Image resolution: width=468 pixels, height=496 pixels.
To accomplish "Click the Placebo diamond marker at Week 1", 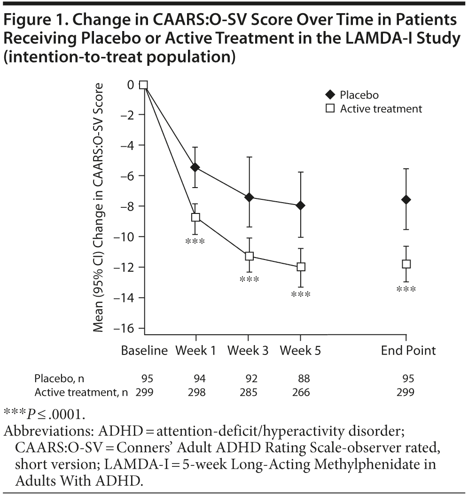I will (x=195, y=167).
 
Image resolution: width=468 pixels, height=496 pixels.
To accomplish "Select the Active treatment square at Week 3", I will (x=249, y=256).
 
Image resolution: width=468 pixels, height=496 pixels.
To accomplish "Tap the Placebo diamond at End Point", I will (x=406, y=199).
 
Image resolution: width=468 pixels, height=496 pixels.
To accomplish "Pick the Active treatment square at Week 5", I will (x=301, y=267).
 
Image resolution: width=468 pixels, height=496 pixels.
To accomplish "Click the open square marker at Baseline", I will (x=144, y=85).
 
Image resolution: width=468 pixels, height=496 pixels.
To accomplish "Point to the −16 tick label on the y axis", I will (x=124, y=328).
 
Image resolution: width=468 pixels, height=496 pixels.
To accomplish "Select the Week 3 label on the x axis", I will (x=248, y=350).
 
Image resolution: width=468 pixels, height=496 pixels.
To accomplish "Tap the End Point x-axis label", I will (x=408, y=350).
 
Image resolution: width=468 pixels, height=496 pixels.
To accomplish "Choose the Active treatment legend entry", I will (x=381, y=109).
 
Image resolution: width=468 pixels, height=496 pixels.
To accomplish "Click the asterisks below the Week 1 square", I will (x=195, y=242).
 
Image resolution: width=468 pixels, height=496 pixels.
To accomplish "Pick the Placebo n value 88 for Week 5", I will (x=301, y=378).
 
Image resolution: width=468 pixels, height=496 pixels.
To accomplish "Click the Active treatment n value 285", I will (x=248, y=392).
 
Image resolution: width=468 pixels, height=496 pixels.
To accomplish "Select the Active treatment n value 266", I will (x=301, y=392).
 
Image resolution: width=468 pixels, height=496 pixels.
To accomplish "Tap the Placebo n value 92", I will (x=248, y=378).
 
